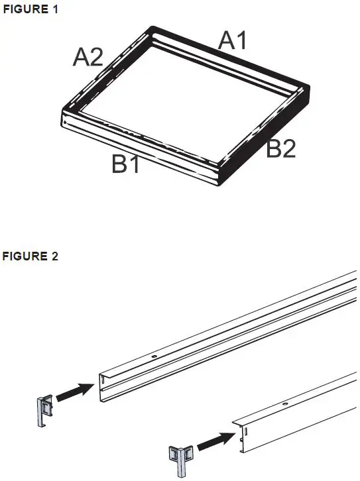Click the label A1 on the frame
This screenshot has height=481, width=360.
point(233,41)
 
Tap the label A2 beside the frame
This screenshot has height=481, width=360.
point(88,58)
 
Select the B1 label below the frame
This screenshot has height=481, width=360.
point(126,163)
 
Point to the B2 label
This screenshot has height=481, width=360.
point(280,149)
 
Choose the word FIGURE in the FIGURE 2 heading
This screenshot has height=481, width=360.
point(25,257)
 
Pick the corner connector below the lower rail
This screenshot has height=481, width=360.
point(181,458)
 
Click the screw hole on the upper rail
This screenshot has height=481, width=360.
point(154,356)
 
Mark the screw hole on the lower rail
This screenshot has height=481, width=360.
point(284,403)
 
